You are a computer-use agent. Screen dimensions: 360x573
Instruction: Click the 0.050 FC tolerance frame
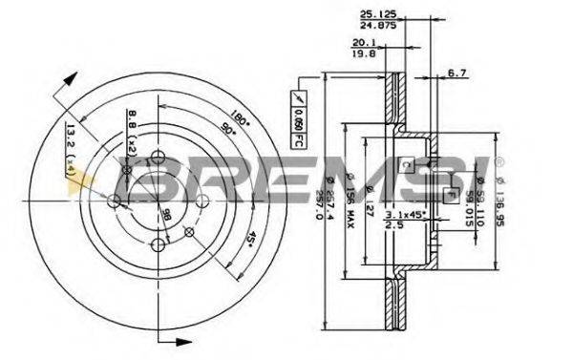coord(297,113)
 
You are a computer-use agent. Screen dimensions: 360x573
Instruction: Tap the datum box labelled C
coord(406,164)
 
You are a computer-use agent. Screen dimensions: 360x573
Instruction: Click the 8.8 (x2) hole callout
coord(131,128)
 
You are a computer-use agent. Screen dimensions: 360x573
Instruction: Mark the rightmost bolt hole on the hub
coord(203,201)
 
